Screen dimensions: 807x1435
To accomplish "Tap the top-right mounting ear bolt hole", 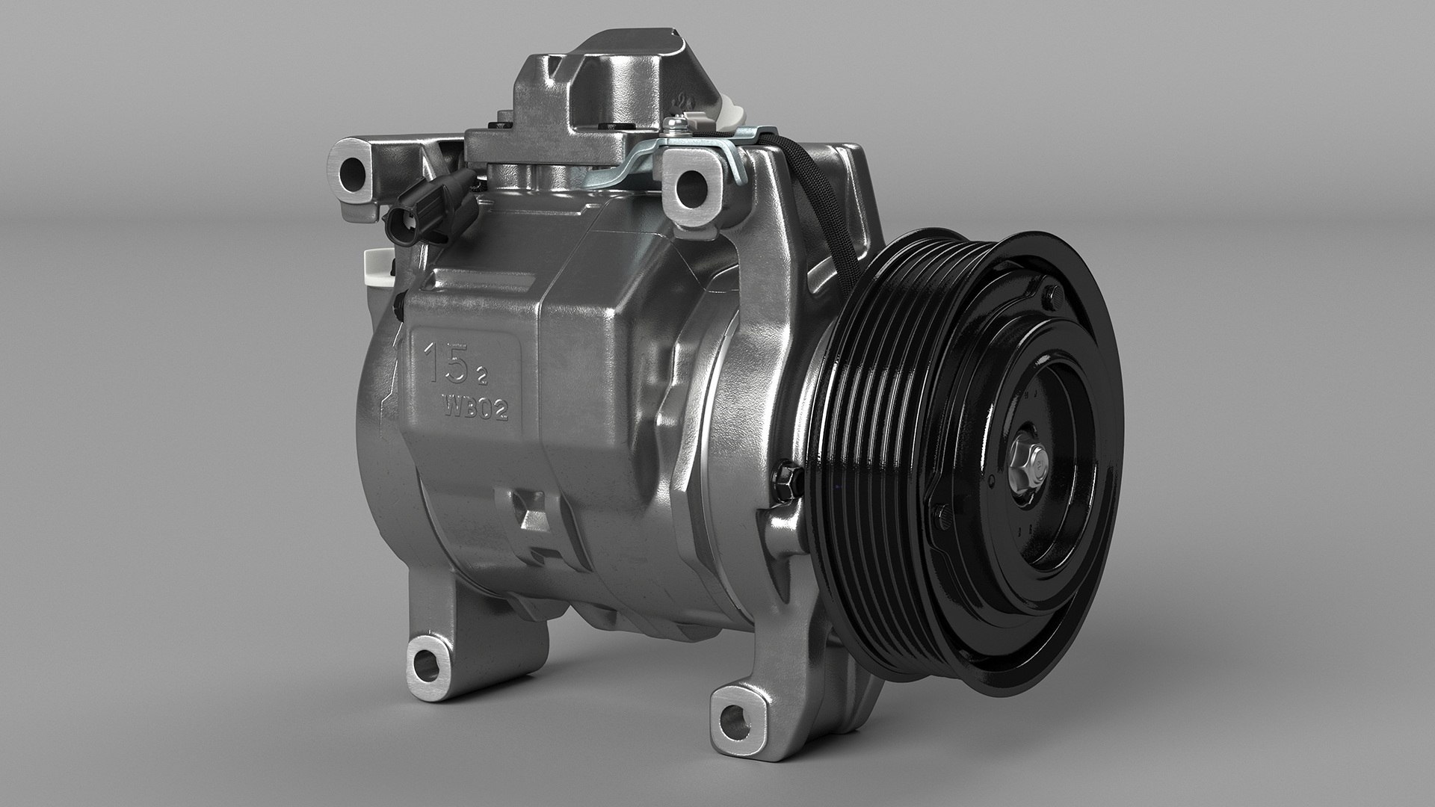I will [691, 182].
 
